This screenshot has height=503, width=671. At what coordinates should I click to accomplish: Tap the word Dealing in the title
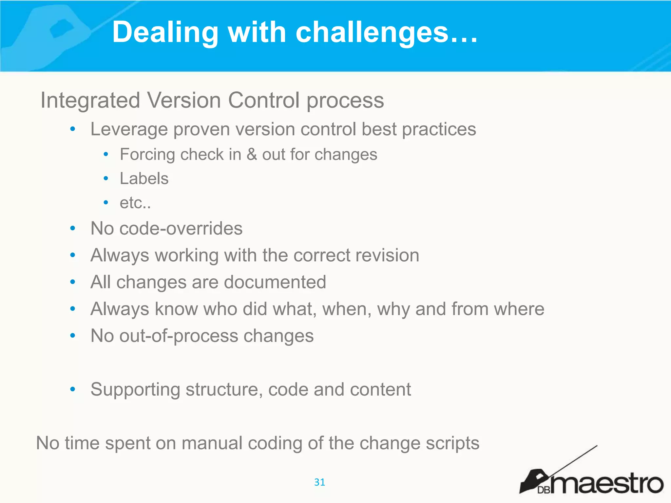pyautogui.click(x=165, y=32)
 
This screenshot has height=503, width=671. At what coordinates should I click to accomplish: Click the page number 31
pyautogui.click(x=319, y=482)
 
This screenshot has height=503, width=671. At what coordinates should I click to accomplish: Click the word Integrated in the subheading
pyautogui.click(x=90, y=100)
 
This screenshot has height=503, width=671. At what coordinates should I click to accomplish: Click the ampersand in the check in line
pyautogui.click(x=252, y=154)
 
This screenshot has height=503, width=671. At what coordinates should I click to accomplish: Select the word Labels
pyautogui.click(x=144, y=179)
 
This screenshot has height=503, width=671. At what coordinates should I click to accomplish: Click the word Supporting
pyautogui.click(x=135, y=390)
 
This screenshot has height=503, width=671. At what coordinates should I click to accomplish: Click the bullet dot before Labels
pyautogui.click(x=105, y=178)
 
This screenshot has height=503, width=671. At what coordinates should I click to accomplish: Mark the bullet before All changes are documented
pyautogui.click(x=73, y=282)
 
